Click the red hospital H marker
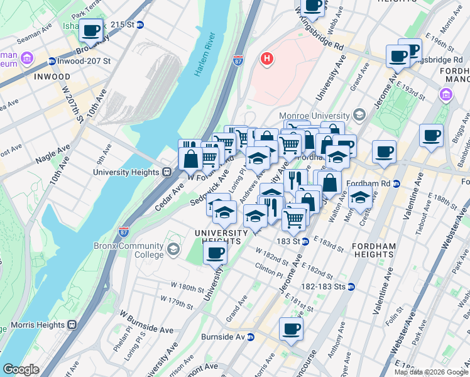tap(267, 59)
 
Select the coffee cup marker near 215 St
tap(91, 31)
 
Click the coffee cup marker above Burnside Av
tap(291, 329)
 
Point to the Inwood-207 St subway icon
tap(52, 61)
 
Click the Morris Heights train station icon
tap(72, 325)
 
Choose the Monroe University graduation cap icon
tap(359, 115)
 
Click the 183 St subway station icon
tap(304, 241)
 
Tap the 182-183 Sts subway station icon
tap(351, 287)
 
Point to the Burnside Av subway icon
tap(250, 337)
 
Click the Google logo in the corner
tap(21, 369)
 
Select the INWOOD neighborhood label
tap(48, 77)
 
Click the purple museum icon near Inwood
tap(27, 58)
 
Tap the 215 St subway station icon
tap(140, 25)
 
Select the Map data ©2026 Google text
tap(430, 372)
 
